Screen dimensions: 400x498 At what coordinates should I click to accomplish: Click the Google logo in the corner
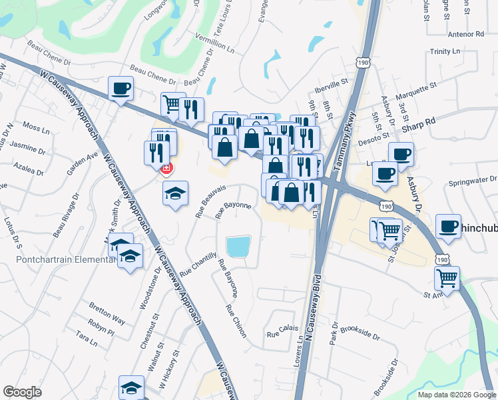click(x=22, y=392)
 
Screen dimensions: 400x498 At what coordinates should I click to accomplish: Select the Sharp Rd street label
click(x=421, y=121)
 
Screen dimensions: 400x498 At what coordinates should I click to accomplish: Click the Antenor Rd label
click(x=466, y=33)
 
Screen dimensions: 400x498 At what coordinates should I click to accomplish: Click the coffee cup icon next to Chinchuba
click(x=449, y=225)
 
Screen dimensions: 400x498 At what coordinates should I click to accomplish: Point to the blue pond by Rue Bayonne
click(x=238, y=247)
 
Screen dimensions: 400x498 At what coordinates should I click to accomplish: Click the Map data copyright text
click(x=457, y=395)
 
